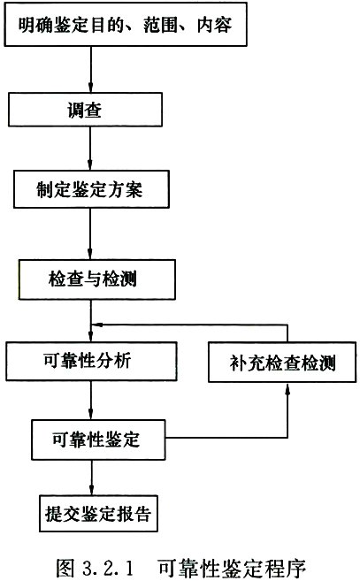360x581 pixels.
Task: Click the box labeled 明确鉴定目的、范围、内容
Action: click(126, 25)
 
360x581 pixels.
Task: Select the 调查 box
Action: click(85, 110)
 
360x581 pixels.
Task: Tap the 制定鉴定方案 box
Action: click(92, 189)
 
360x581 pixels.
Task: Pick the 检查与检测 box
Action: click(97, 279)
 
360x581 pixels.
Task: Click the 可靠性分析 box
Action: click(91, 361)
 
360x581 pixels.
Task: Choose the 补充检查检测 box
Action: click(282, 363)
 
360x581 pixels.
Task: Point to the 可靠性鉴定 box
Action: click(98, 440)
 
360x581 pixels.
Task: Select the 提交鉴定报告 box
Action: click(98, 514)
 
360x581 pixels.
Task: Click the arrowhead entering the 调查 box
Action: click(90, 88)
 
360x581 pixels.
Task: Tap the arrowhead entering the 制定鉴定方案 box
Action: click(90, 165)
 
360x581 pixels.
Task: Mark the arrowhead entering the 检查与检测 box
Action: click(90, 254)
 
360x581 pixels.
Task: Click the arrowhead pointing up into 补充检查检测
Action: click(287, 387)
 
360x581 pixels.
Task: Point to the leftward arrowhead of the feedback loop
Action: click(96, 325)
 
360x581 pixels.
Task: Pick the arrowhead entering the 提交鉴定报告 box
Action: click(92, 490)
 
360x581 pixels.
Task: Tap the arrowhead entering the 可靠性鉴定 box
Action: click(91, 415)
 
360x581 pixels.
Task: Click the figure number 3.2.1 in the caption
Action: click(108, 568)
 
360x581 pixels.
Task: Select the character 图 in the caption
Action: click(65, 567)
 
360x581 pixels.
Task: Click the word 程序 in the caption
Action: click(287, 567)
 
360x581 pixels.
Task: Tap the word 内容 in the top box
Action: click(215, 25)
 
